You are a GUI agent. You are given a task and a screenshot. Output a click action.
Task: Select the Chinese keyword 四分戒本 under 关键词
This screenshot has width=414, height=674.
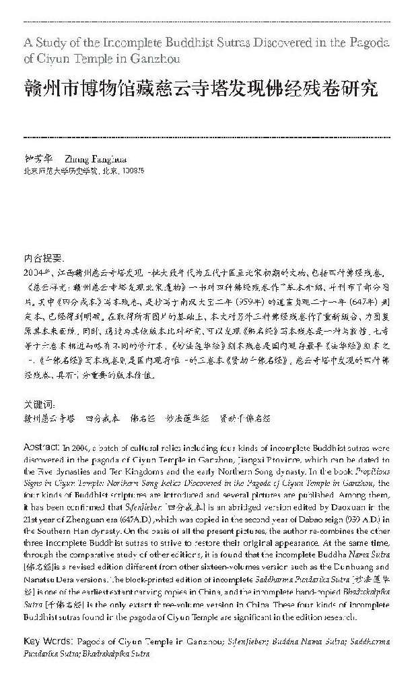pos(103,418)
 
